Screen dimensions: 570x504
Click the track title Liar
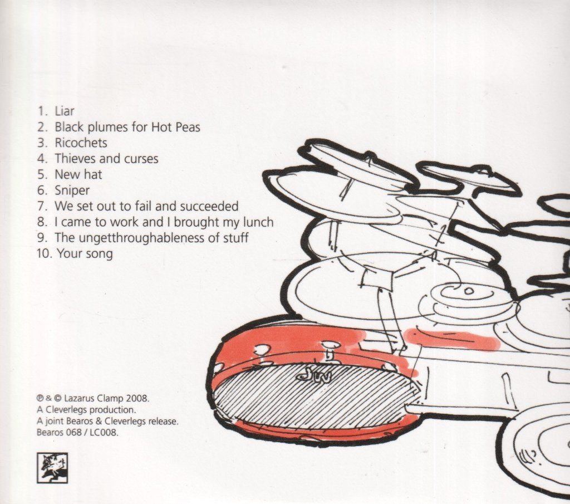point(65,111)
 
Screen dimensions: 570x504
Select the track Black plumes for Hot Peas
point(127,127)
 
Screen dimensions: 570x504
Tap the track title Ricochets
point(81,143)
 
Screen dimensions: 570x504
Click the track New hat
point(78,174)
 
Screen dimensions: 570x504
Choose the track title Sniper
point(72,190)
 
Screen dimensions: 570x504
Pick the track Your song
point(85,253)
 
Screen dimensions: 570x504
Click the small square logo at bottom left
point(52,468)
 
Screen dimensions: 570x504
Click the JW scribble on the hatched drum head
point(313,376)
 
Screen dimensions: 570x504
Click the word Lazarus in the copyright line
point(80,398)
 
